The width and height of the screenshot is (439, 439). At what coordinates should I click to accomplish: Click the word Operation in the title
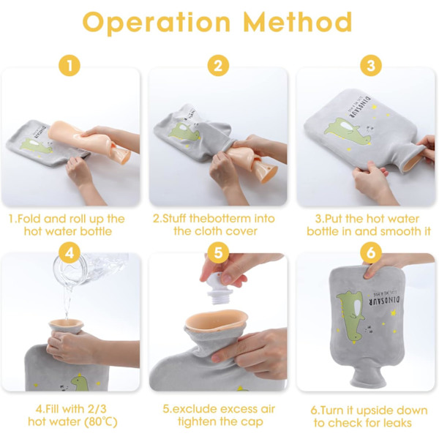click(x=157, y=23)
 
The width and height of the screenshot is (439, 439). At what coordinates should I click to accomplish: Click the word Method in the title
click(x=298, y=22)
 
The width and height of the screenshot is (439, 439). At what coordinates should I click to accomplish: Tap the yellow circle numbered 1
click(x=70, y=66)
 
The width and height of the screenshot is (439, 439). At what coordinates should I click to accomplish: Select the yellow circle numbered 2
click(x=218, y=66)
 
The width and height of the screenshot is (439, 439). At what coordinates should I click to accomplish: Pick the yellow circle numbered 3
click(x=371, y=66)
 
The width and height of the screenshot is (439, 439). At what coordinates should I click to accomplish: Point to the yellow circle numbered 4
click(x=70, y=253)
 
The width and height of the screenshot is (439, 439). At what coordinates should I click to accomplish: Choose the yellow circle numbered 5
click(x=218, y=253)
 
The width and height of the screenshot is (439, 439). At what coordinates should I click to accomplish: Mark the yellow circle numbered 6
click(x=371, y=253)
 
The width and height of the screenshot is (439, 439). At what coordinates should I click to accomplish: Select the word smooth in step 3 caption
click(x=386, y=231)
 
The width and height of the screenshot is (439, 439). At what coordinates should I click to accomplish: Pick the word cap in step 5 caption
click(x=254, y=422)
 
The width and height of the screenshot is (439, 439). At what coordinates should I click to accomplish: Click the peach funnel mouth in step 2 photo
click(x=265, y=171)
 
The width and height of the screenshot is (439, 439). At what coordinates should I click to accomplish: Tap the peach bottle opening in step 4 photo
click(x=66, y=325)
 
